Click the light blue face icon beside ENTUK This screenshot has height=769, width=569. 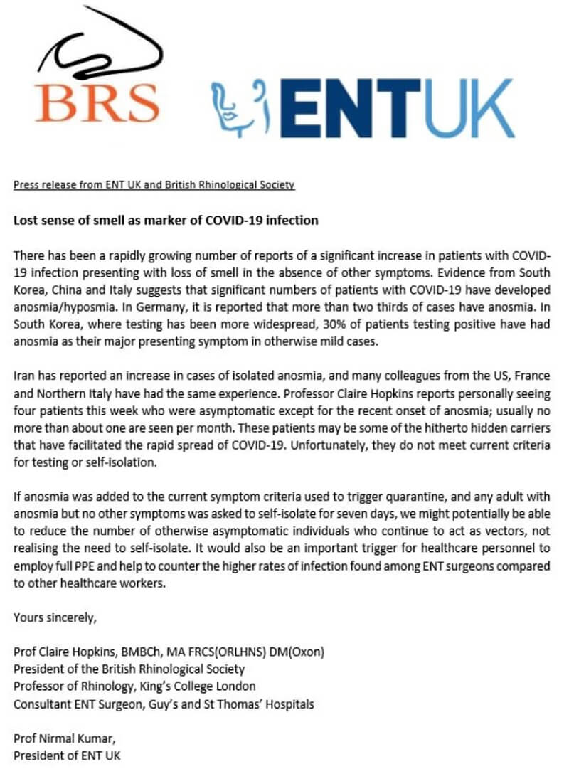click(x=242, y=108)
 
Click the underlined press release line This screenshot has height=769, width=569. click(x=154, y=185)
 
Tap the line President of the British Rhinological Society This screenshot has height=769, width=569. click(x=129, y=669)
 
